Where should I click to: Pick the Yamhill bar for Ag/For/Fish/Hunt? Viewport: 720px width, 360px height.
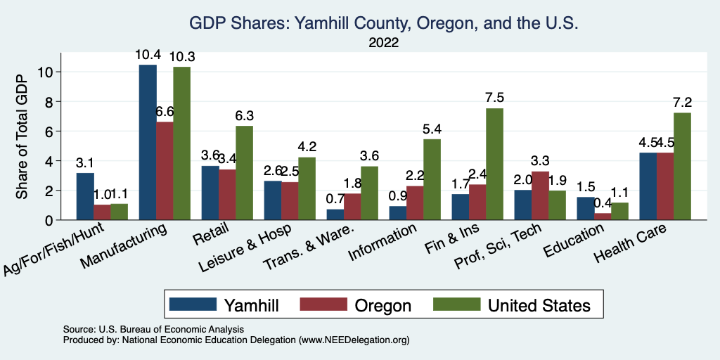click(x=85, y=196)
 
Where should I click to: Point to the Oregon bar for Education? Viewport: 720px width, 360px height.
click(x=603, y=217)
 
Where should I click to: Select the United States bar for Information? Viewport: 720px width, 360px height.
click(x=432, y=179)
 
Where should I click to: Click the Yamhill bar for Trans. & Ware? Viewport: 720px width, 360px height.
click(x=336, y=214)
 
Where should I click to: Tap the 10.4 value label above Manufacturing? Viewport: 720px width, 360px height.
click(x=148, y=54)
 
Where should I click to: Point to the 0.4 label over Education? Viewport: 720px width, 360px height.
click(x=603, y=202)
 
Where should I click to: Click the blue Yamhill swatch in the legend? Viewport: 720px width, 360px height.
click(x=193, y=304)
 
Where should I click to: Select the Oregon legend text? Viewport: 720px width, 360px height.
click(x=383, y=305)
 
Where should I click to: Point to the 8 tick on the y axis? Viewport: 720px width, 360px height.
click(x=49, y=101)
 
